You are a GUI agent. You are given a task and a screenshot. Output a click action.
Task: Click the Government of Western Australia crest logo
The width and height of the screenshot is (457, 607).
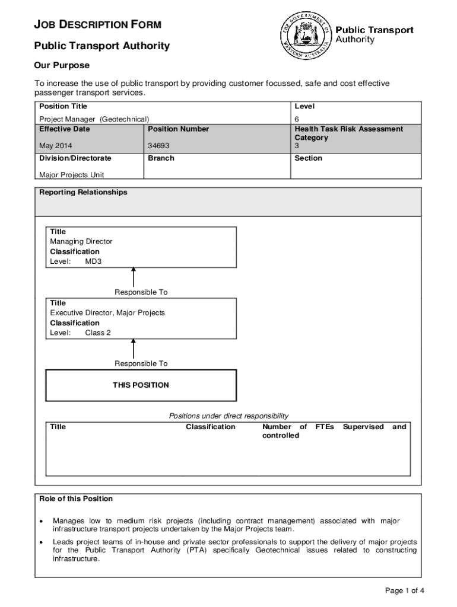[x=304, y=35]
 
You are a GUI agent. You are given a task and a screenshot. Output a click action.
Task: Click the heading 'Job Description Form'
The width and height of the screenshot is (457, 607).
[x=98, y=25]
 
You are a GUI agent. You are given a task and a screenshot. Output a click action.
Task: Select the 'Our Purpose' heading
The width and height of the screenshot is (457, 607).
[x=62, y=65]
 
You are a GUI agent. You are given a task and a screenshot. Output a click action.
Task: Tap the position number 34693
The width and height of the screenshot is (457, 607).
[x=159, y=146]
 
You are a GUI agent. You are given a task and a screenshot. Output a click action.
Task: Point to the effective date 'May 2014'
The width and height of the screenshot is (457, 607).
[x=56, y=146]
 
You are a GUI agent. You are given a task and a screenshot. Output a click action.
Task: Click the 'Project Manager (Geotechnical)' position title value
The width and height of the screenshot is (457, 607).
[x=94, y=119]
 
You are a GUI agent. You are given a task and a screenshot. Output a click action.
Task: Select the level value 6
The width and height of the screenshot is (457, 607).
[x=297, y=119]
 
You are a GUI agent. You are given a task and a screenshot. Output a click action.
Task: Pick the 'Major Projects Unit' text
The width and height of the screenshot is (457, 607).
[x=71, y=175]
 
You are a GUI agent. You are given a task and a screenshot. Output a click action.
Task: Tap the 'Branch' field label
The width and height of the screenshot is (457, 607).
[x=161, y=158]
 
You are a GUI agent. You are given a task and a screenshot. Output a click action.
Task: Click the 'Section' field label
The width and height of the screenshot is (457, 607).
[x=308, y=158]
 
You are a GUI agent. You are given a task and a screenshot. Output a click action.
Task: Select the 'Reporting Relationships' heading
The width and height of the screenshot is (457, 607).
[x=83, y=193]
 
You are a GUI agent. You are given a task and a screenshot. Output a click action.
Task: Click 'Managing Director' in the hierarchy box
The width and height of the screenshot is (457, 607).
[x=81, y=241]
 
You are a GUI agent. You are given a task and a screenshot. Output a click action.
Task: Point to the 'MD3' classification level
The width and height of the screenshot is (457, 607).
[x=93, y=261]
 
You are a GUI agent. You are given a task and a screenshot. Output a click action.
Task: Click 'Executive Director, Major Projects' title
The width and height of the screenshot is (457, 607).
[x=107, y=312]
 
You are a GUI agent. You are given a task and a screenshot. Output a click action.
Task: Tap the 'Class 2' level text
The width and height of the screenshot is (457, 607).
[x=98, y=333]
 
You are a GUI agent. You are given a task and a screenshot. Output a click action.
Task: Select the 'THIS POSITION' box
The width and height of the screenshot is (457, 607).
[x=141, y=385]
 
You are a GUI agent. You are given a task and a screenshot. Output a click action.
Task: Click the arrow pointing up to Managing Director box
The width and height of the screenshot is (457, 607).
[x=134, y=277]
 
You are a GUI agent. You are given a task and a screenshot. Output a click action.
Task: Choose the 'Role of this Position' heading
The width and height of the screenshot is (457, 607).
[x=76, y=499]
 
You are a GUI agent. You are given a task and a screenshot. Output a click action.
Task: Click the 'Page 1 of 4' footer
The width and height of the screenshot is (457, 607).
[x=404, y=590]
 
